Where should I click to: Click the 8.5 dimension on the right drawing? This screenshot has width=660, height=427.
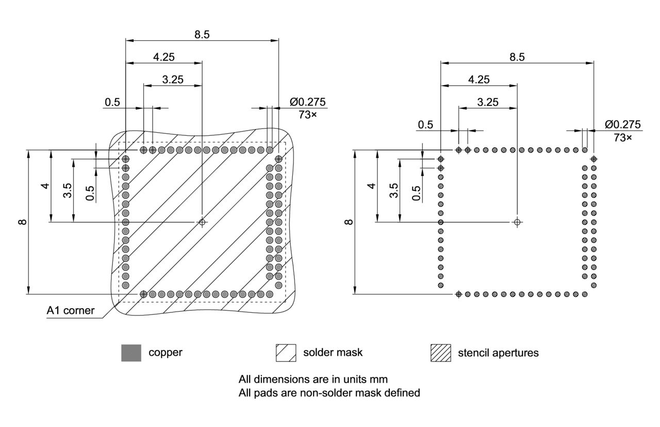pyautogui.click(x=517, y=57)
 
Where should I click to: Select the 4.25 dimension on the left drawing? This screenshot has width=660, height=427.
pyautogui.click(x=163, y=57)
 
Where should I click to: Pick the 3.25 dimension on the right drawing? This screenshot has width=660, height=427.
pyautogui.click(x=487, y=102)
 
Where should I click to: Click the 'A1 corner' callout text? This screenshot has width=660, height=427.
pyautogui.click(x=71, y=310)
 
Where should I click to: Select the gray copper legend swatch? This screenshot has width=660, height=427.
pyautogui.click(x=131, y=353)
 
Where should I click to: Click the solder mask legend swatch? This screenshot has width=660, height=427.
pyautogui.click(x=286, y=353)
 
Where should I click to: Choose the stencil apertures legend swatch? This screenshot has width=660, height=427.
pyautogui.click(x=440, y=353)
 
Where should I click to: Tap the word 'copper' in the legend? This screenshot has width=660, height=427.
pyautogui.click(x=166, y=353)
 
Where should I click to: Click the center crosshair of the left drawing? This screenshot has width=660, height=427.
pyautogui.click(x=202, y=222)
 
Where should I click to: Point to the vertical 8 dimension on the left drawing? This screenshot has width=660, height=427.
pyautogui.click(x=21, y=222)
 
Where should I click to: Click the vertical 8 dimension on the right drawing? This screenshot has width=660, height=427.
pyautogui.click(x=349, y=222)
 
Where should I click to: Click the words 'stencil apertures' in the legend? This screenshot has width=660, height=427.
pyautogui.click(x=498, y=353)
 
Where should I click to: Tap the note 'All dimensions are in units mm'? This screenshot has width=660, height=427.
pyautogui.click(x=313, y=378)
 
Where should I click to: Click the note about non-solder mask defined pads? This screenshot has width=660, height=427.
pyautogui.click(x=329, y=393)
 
